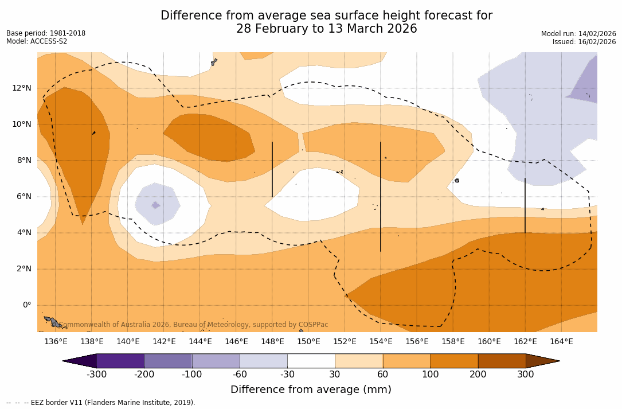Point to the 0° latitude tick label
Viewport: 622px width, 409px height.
(x=27, y=305)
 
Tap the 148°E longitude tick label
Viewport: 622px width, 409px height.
(x=272, y=341)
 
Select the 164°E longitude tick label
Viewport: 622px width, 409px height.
(x=561, y=341)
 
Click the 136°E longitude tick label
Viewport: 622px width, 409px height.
(x=56, y=341)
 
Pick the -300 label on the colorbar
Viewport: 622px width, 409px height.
(x=96, y=375)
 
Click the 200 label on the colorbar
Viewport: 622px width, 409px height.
(x=478, y=375)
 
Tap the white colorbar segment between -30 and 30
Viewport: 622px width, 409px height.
(x=311, y=361)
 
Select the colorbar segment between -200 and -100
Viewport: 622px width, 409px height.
(x=168, y=361)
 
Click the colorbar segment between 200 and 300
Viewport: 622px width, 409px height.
(x=502, y=361)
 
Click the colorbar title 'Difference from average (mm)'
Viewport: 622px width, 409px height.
(x=311, y=390)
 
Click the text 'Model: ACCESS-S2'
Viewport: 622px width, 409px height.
(x=37, y=41)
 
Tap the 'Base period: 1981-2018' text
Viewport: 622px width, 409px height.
(x=46, y=33)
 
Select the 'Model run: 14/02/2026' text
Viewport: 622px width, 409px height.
(x=578, y=34)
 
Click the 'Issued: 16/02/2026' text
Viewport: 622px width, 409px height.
(x=584, y=42)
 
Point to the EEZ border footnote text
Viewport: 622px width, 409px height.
(x=101, y=403)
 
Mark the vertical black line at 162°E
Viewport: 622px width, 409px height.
(x=525, y=205)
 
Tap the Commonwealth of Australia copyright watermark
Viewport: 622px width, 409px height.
(x=194, y=325)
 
